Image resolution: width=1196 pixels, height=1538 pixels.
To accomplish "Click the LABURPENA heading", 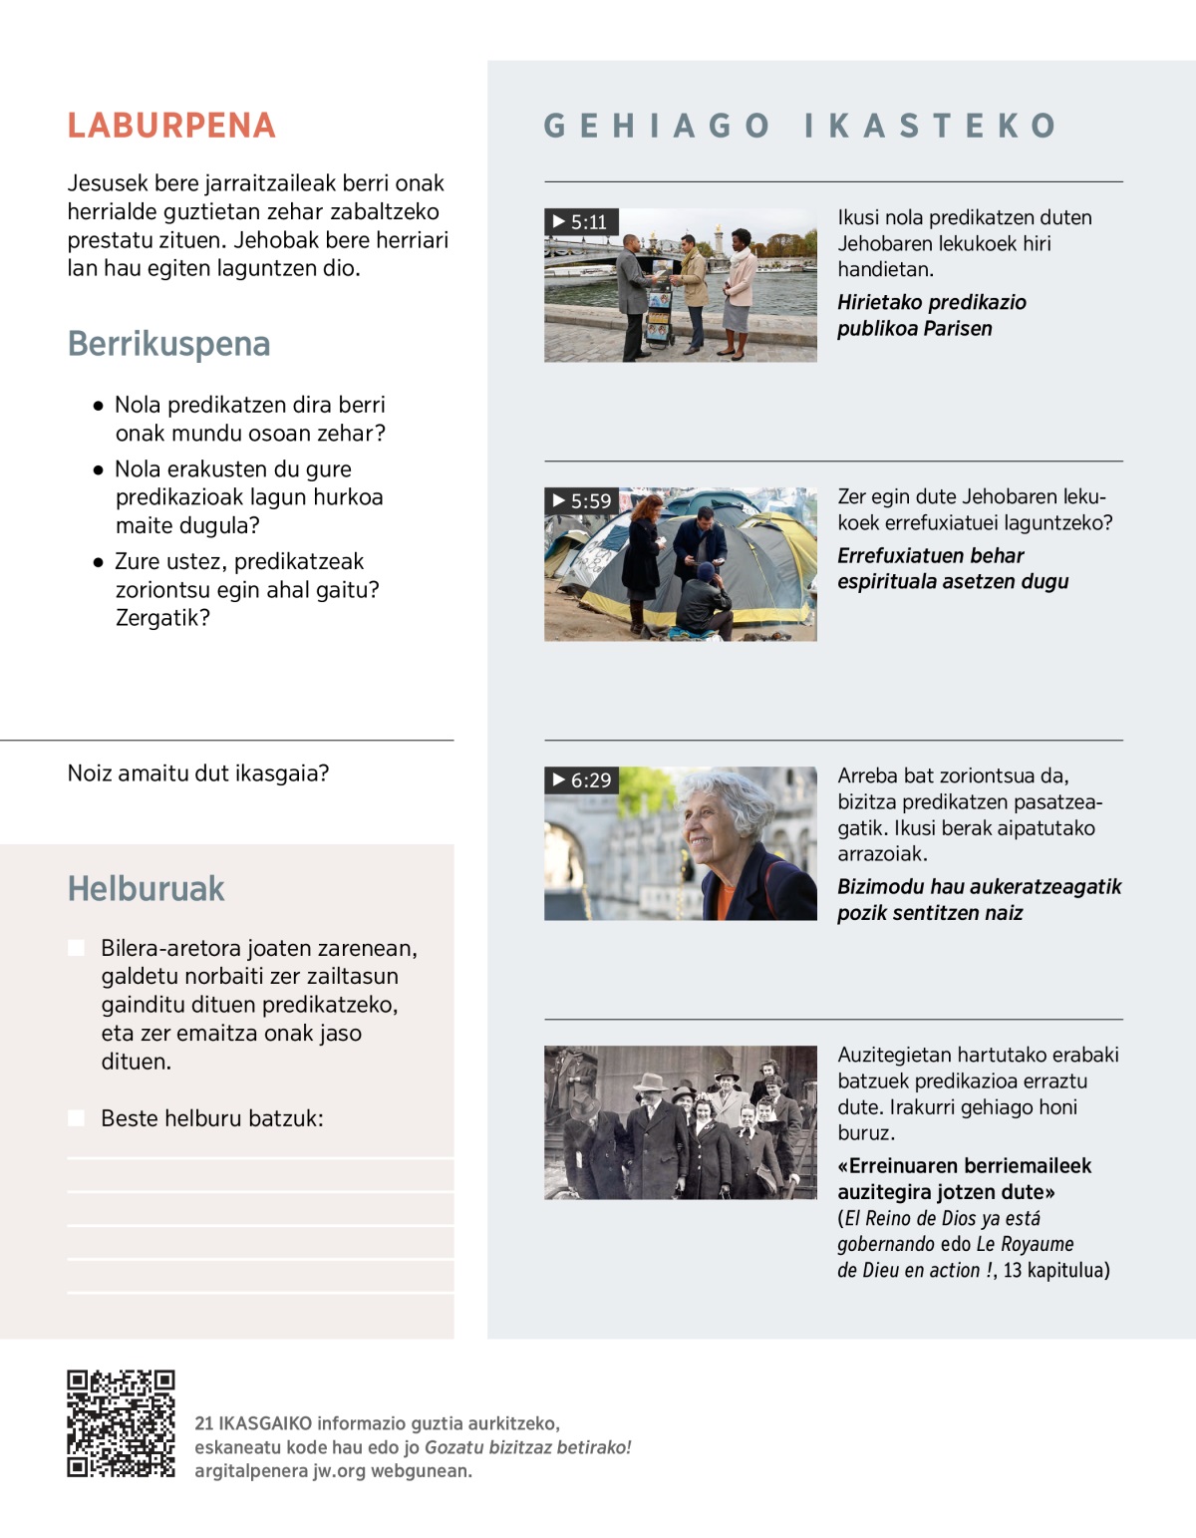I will tap(171, 126).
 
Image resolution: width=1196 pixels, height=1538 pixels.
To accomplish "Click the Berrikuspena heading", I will tap(169, 344).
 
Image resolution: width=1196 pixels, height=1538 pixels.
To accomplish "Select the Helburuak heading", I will tap(147, 888).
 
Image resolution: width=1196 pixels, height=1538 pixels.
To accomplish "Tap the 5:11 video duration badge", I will tap(581, 222).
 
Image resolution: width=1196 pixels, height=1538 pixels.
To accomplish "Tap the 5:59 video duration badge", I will tap(581, 501).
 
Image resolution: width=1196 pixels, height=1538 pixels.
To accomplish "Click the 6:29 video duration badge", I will tap(581, 780).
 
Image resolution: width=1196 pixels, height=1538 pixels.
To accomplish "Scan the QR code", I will tap(121, 1422).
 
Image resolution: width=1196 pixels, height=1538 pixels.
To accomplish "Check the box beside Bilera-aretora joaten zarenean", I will tap(76, 948).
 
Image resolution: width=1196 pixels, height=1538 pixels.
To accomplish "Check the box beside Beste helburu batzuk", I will tap(76, 1118).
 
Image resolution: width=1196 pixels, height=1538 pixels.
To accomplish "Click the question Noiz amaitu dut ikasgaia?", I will tap(198, 773).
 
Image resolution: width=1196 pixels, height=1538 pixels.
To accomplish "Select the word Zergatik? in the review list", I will tap(162, 618).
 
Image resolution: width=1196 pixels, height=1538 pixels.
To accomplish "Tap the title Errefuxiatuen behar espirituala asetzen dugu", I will tap(952, 569).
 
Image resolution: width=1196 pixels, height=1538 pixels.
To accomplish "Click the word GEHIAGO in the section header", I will tap(658, 127).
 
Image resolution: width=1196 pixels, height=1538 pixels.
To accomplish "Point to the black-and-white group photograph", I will tap(681, 1122).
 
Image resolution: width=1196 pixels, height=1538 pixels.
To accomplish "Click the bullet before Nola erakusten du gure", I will tap(98, 469).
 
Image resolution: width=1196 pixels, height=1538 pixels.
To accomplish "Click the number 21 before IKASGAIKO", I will tap(203, 1423).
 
